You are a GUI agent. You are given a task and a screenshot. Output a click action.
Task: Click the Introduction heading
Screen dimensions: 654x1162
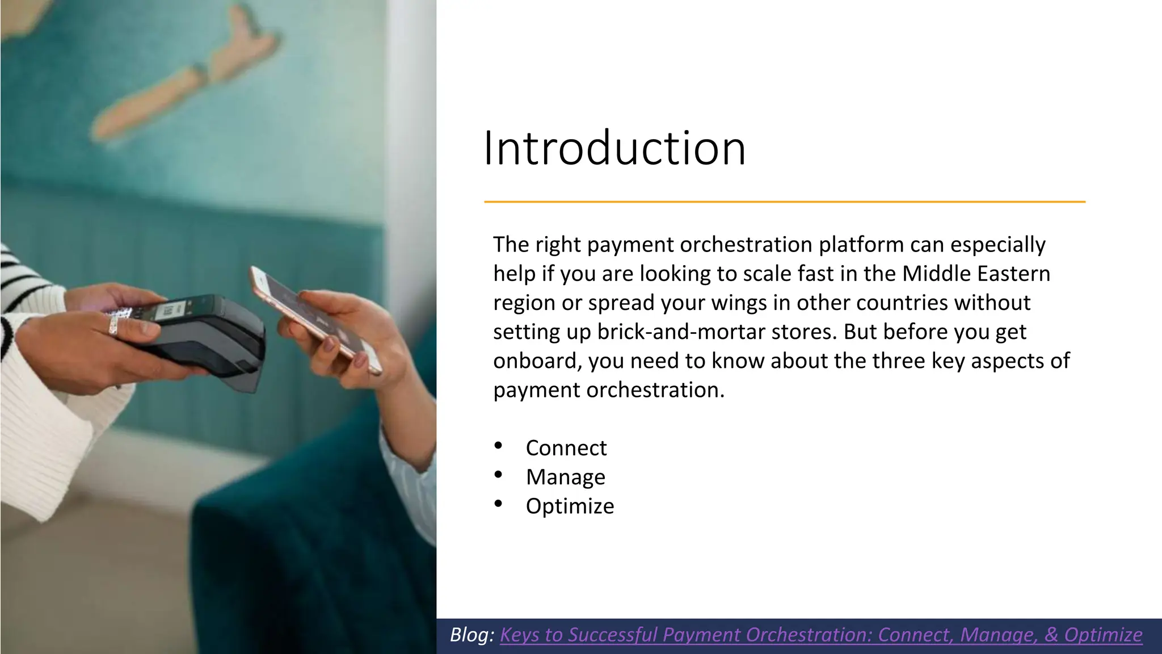(614, 149)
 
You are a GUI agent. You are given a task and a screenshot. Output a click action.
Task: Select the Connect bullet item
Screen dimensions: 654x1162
(566, 448)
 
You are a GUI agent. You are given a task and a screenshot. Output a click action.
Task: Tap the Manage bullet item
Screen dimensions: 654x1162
(565, 477)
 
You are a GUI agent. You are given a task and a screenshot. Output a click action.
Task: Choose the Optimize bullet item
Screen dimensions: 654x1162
(570, 506)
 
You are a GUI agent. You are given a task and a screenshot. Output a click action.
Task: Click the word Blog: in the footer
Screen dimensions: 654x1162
(472, 635)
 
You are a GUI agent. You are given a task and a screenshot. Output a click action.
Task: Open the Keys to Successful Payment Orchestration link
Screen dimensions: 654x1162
(820, 635)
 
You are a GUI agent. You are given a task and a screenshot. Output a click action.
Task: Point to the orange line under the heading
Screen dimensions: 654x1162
(784, 202)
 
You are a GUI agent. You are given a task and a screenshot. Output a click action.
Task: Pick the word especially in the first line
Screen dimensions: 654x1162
(997, 245)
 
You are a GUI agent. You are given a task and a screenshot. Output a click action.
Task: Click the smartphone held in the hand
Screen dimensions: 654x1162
(315, 321)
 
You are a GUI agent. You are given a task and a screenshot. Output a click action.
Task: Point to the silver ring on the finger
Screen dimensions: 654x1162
(113, 324)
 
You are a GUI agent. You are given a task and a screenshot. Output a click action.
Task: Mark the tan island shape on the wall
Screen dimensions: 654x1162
(187, 74)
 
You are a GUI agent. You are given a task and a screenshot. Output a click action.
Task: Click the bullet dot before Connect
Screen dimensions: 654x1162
(498, 446)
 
